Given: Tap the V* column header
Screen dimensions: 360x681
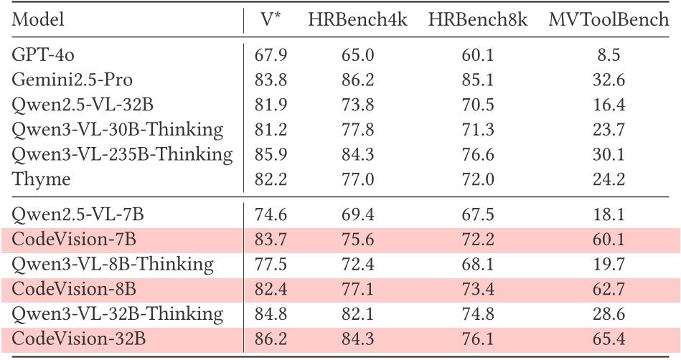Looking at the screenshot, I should click(271, 20).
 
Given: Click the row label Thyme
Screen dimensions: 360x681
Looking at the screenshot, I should click(41, 179).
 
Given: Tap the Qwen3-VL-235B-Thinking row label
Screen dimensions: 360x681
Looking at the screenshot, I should click(122, 155).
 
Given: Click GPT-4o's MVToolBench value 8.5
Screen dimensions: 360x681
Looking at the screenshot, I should click(609, 55).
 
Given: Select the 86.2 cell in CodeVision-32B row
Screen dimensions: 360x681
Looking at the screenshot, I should click(271, 338).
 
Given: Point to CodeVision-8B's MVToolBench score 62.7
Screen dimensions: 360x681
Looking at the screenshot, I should click(609, 289).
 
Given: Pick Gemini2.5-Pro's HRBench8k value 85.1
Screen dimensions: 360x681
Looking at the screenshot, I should click(478, 80).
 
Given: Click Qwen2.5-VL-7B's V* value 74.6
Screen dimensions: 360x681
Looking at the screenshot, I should click(271, 214).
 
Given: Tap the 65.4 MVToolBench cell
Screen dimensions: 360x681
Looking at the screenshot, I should click(609, 338).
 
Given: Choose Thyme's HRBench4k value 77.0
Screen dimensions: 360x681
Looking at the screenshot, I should click(357, 179).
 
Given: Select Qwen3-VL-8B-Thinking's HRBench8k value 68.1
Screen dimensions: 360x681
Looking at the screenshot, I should click(478, 264).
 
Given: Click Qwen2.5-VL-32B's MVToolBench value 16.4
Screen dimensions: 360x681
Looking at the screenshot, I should click(609, 105).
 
